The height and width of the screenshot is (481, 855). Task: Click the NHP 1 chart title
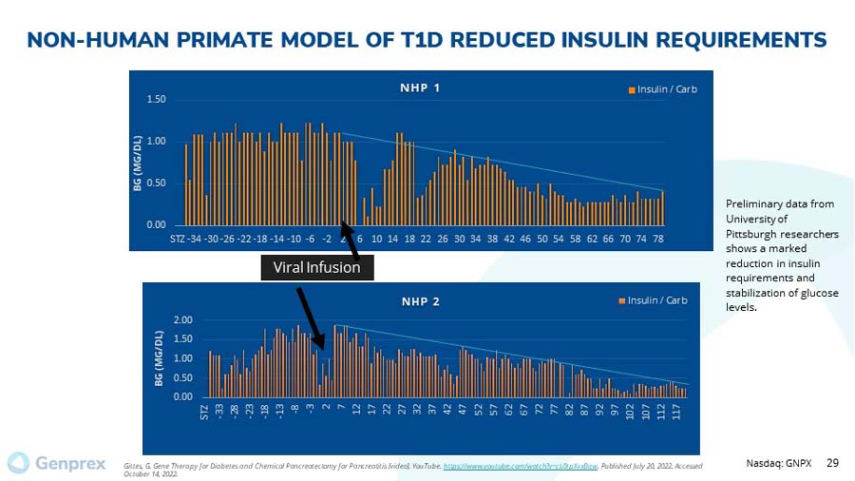(x=419, y=88)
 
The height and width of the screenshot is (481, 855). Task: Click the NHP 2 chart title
(x=420, y=301)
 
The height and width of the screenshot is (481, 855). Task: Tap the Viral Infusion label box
(x=316, y=267)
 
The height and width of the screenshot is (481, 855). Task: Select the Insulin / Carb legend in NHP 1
(x=663, y=89)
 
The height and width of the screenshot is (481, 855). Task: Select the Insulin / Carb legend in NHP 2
(x=653, y=300)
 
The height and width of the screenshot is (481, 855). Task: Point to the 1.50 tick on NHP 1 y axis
(x=156, y=99)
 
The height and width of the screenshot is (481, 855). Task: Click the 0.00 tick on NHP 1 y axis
(x=156, y=224)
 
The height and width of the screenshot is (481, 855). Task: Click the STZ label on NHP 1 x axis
(x=177, y=237)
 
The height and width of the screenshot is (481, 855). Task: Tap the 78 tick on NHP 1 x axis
(x=657, y=237)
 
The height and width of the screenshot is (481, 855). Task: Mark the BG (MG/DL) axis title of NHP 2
(x=160, y=358)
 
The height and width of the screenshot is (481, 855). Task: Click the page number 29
(x=832, y=462)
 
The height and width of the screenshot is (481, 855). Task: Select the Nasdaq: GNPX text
(x=781, y=462)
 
